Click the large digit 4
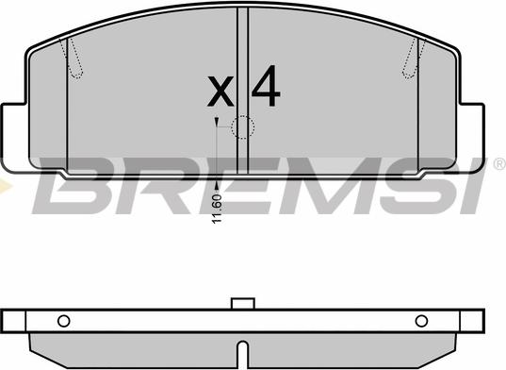tap(266, 86)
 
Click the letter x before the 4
tap(220, 92)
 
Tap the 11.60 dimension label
tap(217, 209)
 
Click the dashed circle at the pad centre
tap(243, 127)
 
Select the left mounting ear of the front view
tap(13, 137)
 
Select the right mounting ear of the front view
tap(472, 138)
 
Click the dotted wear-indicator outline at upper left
tap(73, 59)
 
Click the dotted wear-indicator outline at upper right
tap(414, 59)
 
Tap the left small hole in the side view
tap(63, 321)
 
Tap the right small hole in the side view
tap(421, 321)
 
